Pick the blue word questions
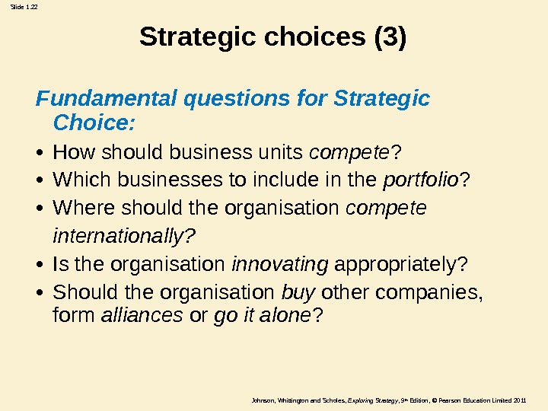(x=233, y=99)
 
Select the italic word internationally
(x=124, y=237)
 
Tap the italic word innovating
(x=279, y=265)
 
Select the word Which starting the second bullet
(x=77, y=180)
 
